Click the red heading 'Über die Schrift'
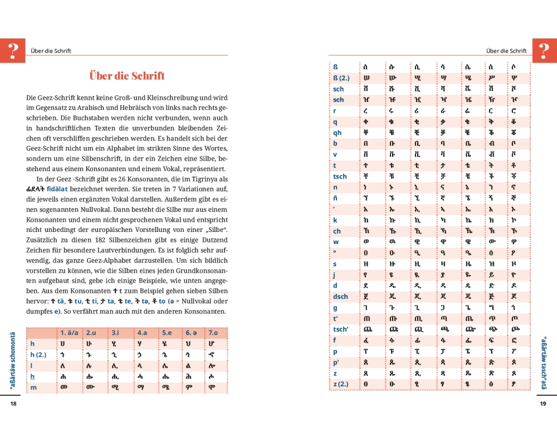click(x=127, y=76)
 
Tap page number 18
click(x=13, y=404)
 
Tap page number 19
click(x=543, y=404)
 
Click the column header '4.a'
click(x=142, y=333)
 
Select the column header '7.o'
click(x=213, y=333)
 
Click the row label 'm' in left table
click(x=33, y=387)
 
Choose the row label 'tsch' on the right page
click(x=340, y=176)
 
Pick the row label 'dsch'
click(x=340, y=296)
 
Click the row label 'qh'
click(x=338, y=133)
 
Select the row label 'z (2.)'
click(x=341, y=384)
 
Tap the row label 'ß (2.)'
click(x=341, y=78)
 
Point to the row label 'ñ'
click(x=335, y=198)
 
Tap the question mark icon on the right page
click(x=544, y=51)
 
